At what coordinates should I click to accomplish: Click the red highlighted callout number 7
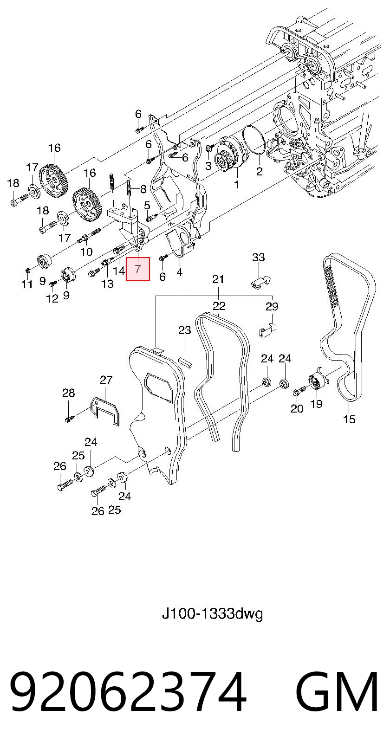(137, 269)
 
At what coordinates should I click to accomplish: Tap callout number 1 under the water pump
(236, 184)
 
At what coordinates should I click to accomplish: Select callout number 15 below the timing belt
(349, 419)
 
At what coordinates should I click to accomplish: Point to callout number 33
(259, 258)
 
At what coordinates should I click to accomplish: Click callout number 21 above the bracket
(218, 279)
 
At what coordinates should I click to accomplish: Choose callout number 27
(106, 380)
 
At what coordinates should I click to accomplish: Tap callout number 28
(69, 393)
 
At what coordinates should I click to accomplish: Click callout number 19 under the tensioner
(316, 403)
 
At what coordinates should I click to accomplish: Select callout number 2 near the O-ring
(259, 171)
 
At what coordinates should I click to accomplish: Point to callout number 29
(272, 306)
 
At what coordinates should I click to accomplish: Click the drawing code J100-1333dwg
(212, 614)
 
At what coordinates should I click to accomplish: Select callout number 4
(180, 271)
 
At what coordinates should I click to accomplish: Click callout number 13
(107, 284)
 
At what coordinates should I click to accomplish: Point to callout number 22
(219, 306)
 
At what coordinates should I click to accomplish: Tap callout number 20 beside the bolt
(297, 408)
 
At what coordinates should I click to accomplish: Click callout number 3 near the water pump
(208, 166)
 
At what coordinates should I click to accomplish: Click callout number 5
(147, 205)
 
